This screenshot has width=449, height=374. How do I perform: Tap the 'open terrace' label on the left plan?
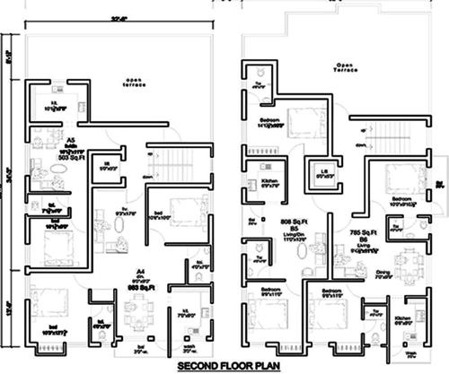[x=135, y=83]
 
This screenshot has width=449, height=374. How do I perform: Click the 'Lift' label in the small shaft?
[x=320, y=173]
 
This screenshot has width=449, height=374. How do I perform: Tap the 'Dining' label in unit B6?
[x=383, y=273]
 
